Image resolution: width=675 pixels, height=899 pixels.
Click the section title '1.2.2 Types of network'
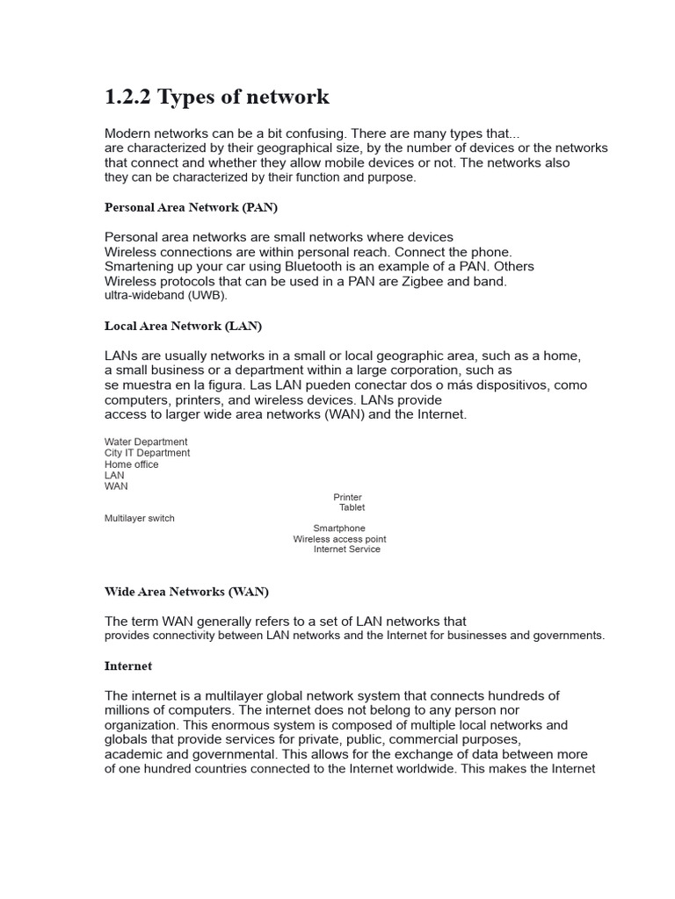(216, 97)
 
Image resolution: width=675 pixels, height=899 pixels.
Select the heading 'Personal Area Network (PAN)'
(191, 207)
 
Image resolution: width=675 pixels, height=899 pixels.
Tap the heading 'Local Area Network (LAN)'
(183, 326)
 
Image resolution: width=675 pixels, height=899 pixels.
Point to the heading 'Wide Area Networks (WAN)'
(186, 592)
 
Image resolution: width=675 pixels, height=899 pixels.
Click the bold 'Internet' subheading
(127, 666)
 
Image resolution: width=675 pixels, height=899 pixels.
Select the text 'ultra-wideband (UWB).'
(165, 296)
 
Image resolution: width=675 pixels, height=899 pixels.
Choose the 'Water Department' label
(146, 442)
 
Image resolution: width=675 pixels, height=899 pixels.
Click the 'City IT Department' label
(147, 453)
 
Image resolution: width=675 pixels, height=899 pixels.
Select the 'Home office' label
(131, 464)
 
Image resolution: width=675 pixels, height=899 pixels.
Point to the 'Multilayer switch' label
(139, 518)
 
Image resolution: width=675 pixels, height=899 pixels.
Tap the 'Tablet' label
(352, 507)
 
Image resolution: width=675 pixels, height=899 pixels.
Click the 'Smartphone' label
(338, 529)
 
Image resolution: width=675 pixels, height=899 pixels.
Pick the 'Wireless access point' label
(339, 539)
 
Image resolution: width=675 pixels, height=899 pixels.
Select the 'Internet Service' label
(346, 550)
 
